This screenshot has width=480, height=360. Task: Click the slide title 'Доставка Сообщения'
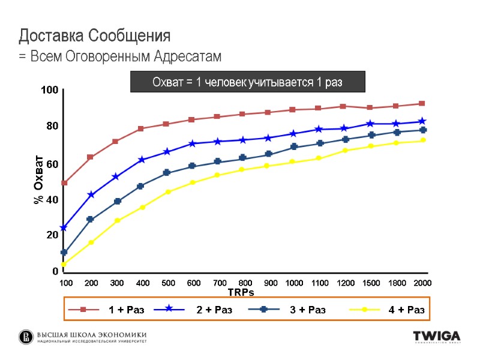[x=95, y=36]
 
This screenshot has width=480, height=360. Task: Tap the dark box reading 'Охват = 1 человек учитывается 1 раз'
[x=248, y=82]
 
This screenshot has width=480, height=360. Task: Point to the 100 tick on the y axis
[x=49, y=90]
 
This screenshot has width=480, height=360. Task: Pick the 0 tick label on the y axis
[x=55, y=271]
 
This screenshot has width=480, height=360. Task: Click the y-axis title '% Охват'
[x=39, y=180]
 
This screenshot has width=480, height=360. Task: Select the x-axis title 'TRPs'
[x=241, y=292]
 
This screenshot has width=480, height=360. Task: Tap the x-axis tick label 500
[x=169, y=283]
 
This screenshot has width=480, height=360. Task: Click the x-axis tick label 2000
[x=422, y=283]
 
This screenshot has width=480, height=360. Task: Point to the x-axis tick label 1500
[x=371, y=283]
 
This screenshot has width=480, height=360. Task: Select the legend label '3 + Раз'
[x=308, y=310]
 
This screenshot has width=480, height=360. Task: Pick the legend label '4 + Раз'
[x=406, y=310]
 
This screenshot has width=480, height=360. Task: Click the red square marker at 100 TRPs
[x=64, y=183]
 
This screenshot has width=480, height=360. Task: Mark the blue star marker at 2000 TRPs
[x=422, y=122]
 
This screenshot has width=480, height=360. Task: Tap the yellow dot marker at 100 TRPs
[x=64, y=264]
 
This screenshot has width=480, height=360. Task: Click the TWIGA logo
[x=436, y=337]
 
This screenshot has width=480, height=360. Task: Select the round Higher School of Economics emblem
[x=26, y=337]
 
